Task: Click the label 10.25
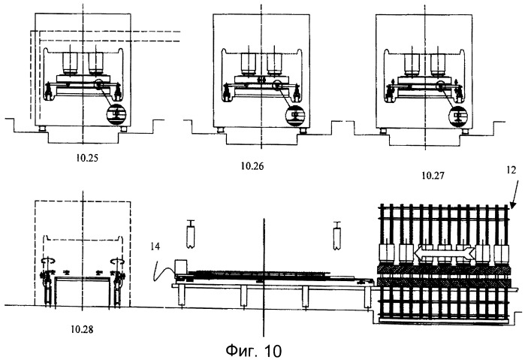[87, 158]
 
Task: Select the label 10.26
[252, 166]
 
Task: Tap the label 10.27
[433, 175]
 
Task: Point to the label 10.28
[82, 329]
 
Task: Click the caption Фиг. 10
[253, 351]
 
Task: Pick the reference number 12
[511, 171]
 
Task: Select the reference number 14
[155, 247]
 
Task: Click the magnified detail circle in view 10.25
[116, 114]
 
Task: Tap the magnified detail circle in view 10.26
[296, 115]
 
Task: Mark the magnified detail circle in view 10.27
[458, 116]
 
